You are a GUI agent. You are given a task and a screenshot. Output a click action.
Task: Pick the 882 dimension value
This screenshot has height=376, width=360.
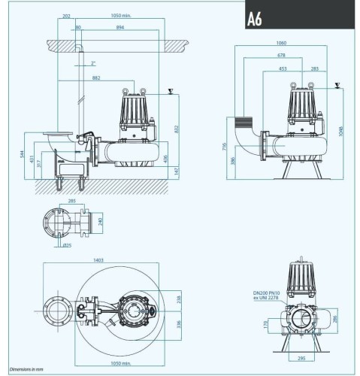click(97, 78)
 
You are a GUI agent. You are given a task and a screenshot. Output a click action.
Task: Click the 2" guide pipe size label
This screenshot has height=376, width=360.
click(92, 63)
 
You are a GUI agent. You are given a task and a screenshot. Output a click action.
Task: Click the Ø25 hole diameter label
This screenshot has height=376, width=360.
click(68, 245)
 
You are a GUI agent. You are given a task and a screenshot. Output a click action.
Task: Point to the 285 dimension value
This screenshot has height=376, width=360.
click(72, 202)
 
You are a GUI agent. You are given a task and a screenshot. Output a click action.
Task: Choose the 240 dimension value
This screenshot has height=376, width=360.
click(101, 222)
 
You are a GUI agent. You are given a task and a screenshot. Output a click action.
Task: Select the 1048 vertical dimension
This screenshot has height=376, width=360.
click(342, 125)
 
